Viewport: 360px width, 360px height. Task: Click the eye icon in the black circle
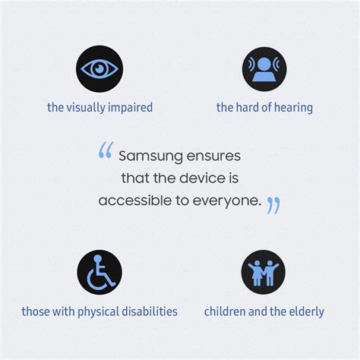coord(99,68)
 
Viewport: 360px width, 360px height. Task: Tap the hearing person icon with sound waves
coord(264,68)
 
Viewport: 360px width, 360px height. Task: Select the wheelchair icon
coord(99,272)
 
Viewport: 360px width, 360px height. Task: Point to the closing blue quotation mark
coord(273,205)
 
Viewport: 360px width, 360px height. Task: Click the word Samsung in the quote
coord(148,156)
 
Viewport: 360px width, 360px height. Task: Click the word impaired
coord(130,108)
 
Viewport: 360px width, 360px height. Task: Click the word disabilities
coord(153,311)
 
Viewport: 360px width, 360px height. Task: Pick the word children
coord(226,311)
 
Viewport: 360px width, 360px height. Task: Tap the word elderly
coord(305,311)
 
